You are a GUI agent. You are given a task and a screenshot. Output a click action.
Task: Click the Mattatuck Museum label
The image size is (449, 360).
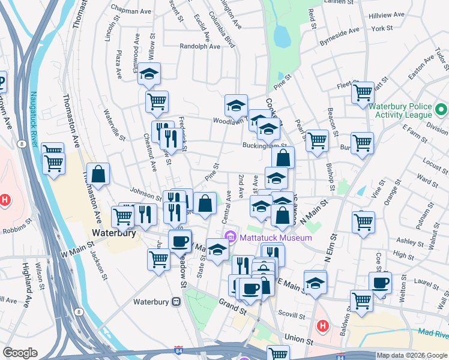(x=276, y=238)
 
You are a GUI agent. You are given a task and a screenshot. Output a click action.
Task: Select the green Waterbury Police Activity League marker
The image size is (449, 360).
(x=441, y=110)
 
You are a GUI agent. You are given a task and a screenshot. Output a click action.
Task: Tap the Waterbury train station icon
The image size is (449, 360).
(x=176, y=302)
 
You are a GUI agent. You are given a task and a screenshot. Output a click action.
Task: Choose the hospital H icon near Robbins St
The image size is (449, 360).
(x=5, y=199)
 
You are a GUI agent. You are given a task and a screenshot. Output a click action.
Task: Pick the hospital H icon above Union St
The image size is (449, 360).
(x=322, y=326)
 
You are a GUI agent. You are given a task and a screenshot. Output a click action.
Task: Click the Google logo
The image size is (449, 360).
(x=19, y=353)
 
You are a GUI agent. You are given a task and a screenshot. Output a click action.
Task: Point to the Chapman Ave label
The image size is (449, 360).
(x=130, y=11)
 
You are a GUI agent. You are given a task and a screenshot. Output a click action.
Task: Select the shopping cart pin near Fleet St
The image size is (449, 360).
(x=363, y=92)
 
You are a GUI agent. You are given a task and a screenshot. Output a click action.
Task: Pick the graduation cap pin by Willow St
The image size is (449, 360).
(x=149, y=74)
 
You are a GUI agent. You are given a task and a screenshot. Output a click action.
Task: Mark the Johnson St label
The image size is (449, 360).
(x=142, y=193)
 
